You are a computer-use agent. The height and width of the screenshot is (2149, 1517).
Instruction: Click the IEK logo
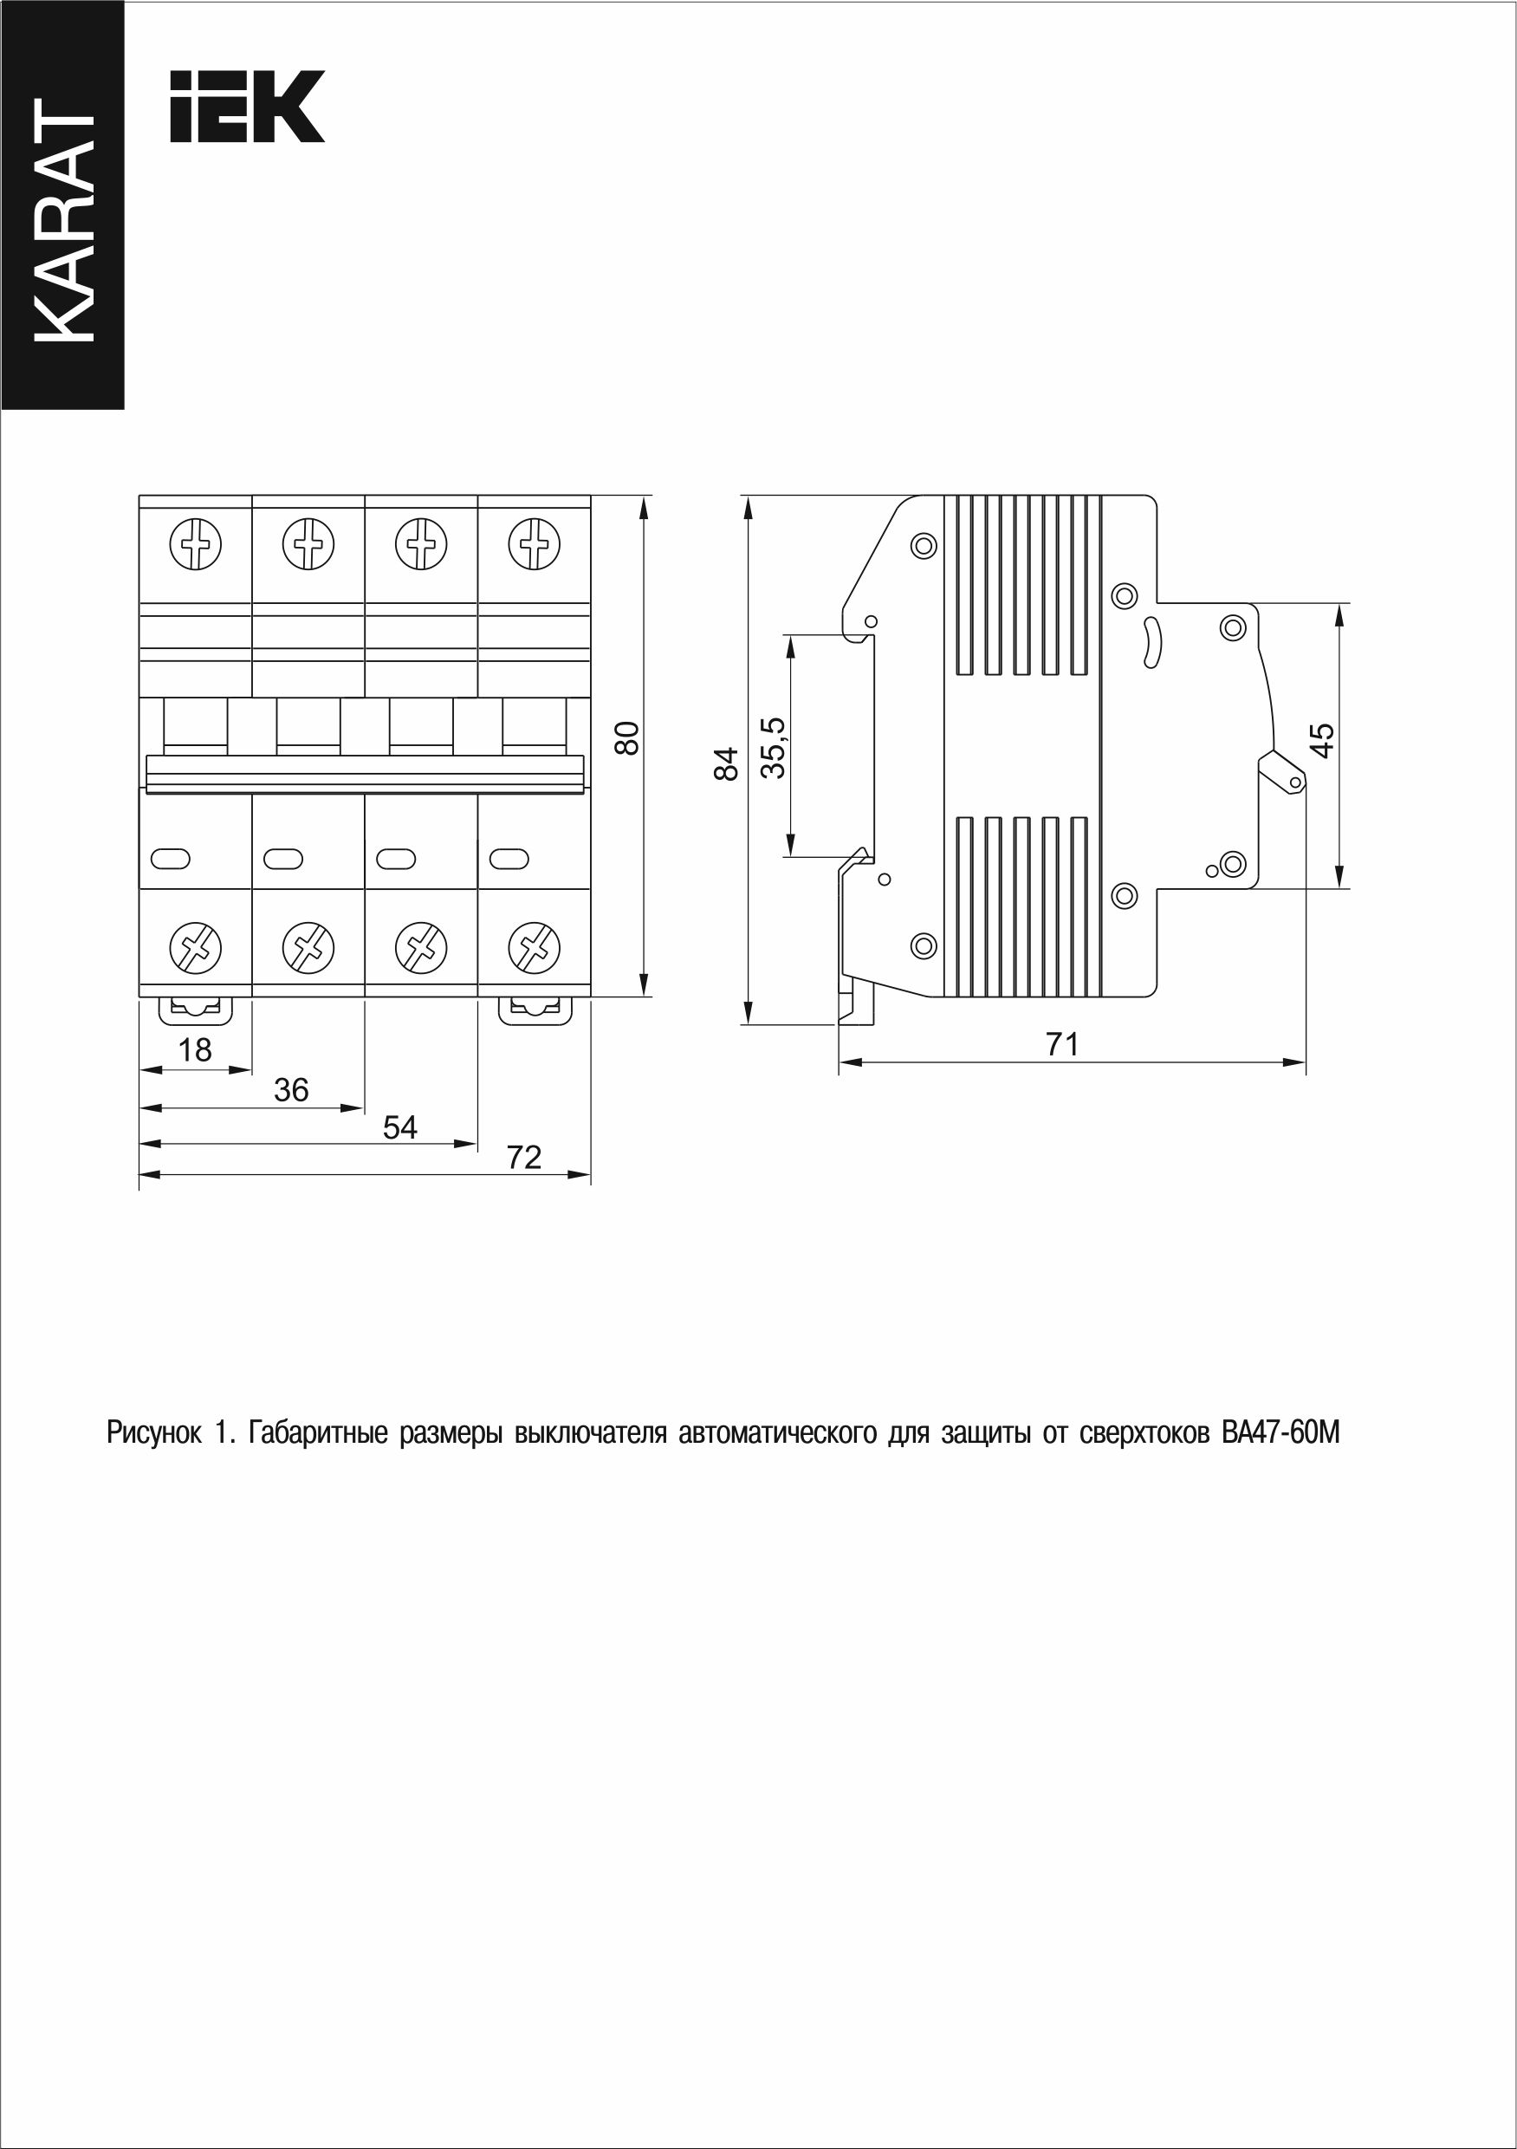[247, 106]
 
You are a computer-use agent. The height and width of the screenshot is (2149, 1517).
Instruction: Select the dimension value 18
[195, 1050]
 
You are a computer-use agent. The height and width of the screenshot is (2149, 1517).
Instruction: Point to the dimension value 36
[291, 1089]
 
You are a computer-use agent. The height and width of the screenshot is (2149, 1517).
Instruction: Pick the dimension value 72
[524, 1159]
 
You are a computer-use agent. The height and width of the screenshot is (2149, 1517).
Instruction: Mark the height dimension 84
[727, 763]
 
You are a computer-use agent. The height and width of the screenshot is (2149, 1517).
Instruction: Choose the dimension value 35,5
[773, 748]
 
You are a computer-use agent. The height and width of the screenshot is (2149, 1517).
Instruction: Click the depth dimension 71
[1062, 1043]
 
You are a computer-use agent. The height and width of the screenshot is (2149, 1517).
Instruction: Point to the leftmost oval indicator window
[170, 857]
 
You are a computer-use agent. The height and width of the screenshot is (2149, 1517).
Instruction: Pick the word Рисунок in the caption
[153, 1432]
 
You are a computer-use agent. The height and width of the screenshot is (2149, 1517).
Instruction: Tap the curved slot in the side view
[1151, 645]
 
